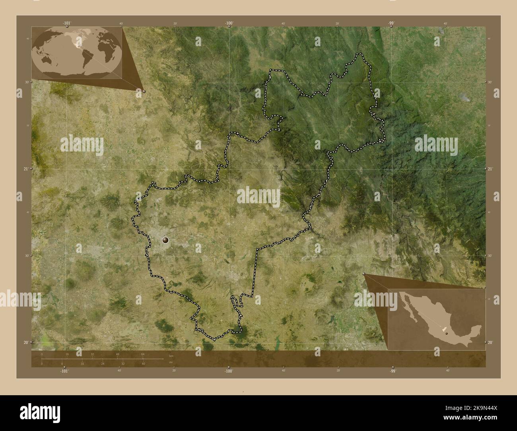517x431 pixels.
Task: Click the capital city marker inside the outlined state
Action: click(x=165, y=240)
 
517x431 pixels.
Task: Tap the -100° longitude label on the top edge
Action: click(x=229, y=23)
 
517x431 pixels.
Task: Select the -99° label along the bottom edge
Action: click(x=393, y=371)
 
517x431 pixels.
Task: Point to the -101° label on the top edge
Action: click(x=66, y=23)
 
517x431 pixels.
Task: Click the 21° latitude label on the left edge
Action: click(x=25, y=169)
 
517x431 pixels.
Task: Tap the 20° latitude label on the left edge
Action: click(x=25, y=342)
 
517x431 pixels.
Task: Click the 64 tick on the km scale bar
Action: click(x=142, y=354)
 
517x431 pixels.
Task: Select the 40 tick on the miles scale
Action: click(x=143, y=363)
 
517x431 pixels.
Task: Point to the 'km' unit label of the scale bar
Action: click(x=171, y=355)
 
